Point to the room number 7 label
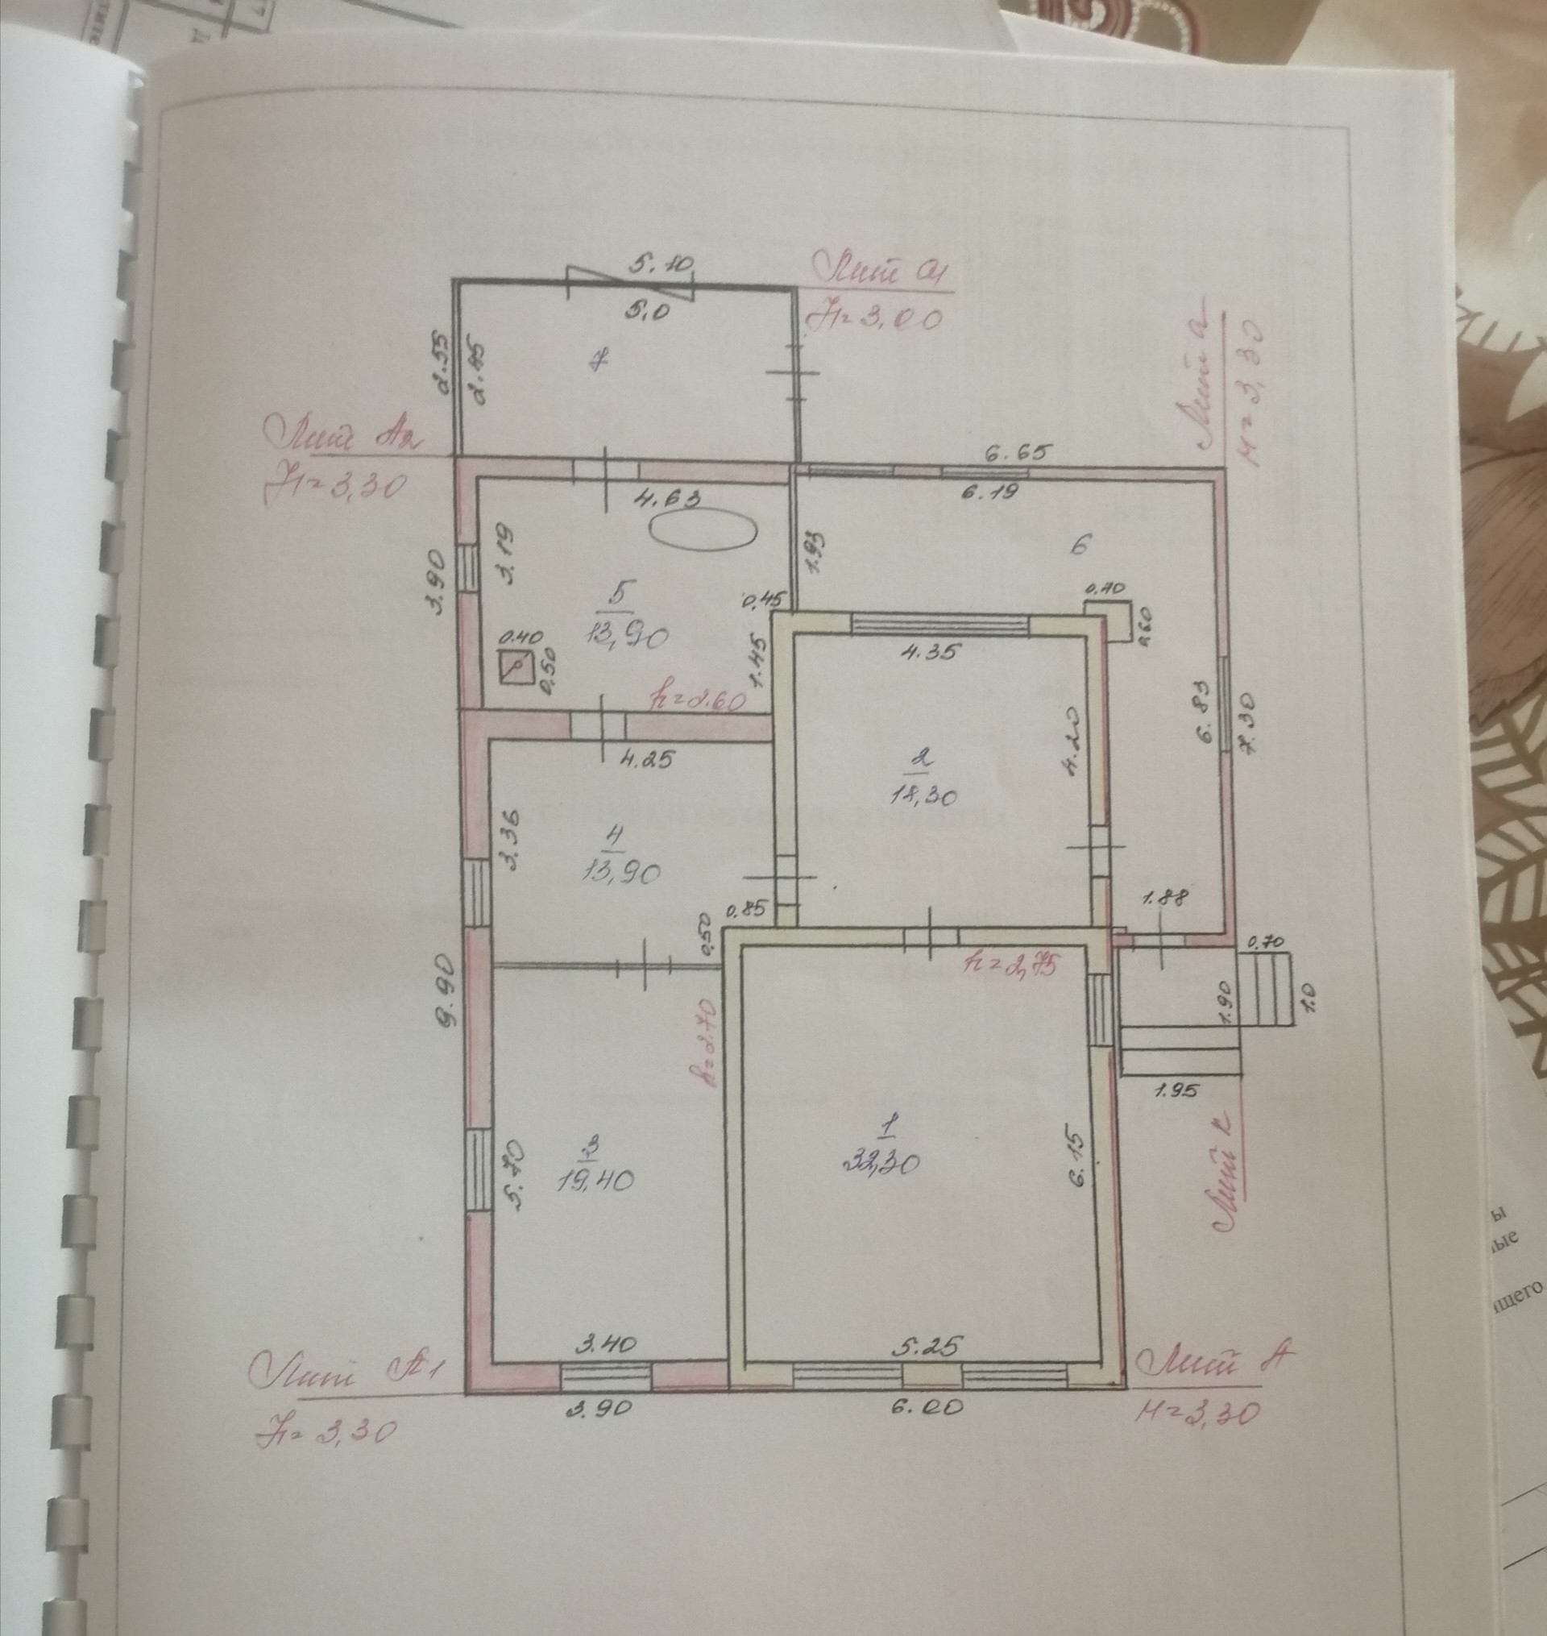click(x=602, y=359)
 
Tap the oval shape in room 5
click(x=703, y=528)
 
